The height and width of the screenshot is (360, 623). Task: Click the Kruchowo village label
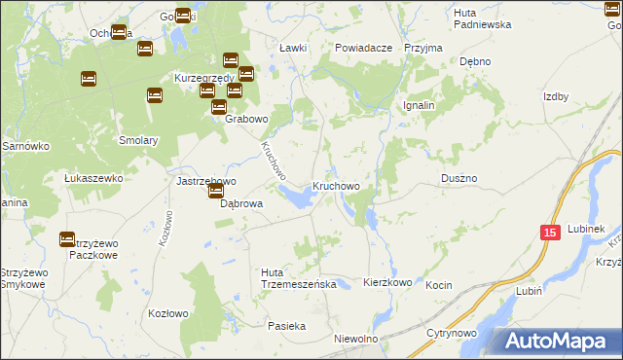(336, 185)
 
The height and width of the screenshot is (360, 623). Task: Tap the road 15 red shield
(550, 233)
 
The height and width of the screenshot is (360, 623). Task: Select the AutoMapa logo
(557, 341)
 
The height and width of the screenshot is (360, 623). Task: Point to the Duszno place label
(458, 179)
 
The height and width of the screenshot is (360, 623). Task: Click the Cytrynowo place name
(450, 333)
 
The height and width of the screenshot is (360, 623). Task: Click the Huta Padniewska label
(482, 18)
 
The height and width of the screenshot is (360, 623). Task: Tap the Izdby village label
(555, 96)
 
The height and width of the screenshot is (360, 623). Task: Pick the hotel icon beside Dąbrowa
(215, 191)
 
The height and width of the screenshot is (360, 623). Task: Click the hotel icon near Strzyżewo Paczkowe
(67, 238)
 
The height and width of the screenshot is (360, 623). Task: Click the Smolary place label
(138, 140)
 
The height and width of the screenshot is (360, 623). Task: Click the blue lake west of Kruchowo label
(297, 198)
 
